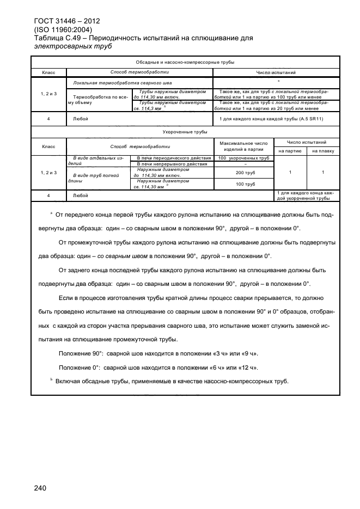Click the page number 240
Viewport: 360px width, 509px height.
[x=41, y=488]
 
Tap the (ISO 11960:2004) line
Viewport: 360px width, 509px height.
[x=63, y=29]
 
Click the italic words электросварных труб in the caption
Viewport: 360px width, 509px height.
[x=72, y=46]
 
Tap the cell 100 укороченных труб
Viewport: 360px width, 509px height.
[x=243, y=158]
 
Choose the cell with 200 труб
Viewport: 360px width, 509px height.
[x=243, y=172]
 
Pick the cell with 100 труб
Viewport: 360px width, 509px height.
[x=243, y=184]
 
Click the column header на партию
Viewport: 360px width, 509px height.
[x=290, y=151]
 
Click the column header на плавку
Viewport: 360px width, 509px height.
[x=322, y=151]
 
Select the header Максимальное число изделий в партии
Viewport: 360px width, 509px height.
[x=243, y=145]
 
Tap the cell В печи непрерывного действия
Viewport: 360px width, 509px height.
[x=172, y=164]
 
